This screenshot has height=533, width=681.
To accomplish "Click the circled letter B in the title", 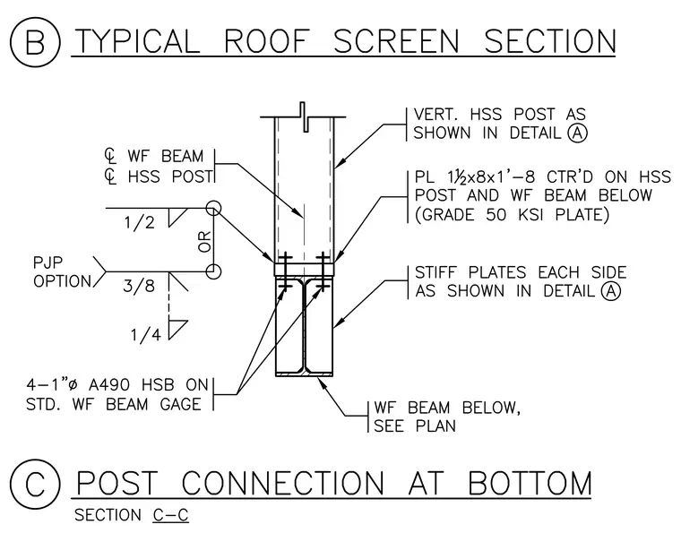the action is [35, 42].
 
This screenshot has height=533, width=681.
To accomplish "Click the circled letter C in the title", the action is [35, 484].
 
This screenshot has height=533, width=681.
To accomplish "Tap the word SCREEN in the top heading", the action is [396, 42].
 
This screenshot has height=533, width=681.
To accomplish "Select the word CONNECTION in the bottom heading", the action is [283, 483].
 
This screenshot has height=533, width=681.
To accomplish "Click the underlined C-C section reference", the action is [170, 515].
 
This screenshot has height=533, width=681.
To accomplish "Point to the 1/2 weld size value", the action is [139, 223].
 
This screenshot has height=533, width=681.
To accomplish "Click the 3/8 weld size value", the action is [139, 286].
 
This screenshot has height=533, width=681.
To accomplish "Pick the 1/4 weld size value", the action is [146, 334].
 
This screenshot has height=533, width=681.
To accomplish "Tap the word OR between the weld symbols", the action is [204, 242].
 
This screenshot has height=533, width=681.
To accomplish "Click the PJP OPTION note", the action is [62, 272].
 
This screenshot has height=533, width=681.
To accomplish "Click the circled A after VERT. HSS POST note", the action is [577, 133].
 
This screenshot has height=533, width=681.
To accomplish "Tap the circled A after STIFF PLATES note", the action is [610, 291].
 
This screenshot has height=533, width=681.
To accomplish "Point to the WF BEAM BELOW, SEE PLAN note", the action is [447, 417].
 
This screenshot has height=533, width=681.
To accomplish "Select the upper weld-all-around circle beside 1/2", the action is [213, 209].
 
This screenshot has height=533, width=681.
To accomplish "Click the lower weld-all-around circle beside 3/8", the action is [213, 271].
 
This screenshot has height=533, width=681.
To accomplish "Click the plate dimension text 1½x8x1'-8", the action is [491, 177].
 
